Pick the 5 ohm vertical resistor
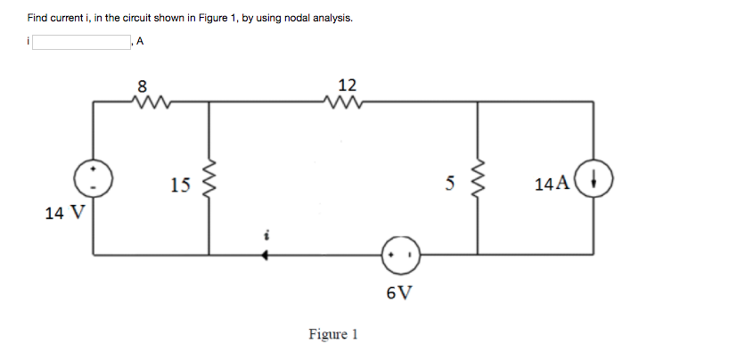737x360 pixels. point(478,184)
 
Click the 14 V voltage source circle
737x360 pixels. point(94,178)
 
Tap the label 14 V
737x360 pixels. point(64,213)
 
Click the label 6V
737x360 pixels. point(399,292)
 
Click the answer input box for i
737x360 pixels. point(82,41)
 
